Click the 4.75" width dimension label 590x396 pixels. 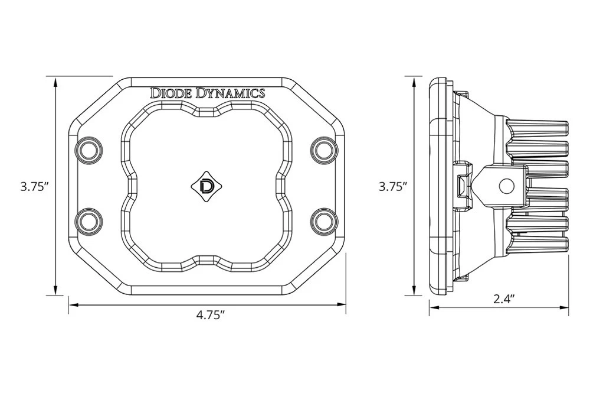[x=211, y=315]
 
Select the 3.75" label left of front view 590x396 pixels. [x=34, y=187]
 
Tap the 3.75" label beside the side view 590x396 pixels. [x=394, y=187]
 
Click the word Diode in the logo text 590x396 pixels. [x=171, y=93]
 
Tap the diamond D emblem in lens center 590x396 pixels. [x=207, y=186]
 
